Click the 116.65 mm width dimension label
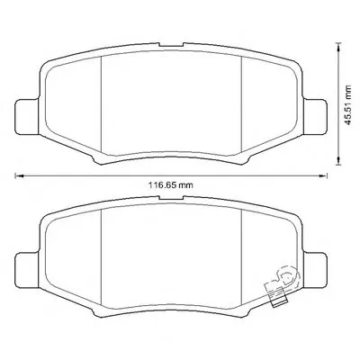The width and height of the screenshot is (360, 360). coord(171,185)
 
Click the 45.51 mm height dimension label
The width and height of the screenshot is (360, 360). coord(347,105)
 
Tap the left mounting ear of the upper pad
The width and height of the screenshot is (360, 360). coord(27,117)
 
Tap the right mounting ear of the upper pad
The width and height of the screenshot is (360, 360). coord(315,117)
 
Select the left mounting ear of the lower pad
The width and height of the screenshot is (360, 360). coord(27,271)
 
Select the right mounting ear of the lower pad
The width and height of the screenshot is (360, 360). coord(315,271)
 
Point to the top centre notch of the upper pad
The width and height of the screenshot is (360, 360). coord(171,45)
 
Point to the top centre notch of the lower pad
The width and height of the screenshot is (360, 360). coord(171,198)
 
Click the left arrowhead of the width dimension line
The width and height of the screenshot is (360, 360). coord(18,175)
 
